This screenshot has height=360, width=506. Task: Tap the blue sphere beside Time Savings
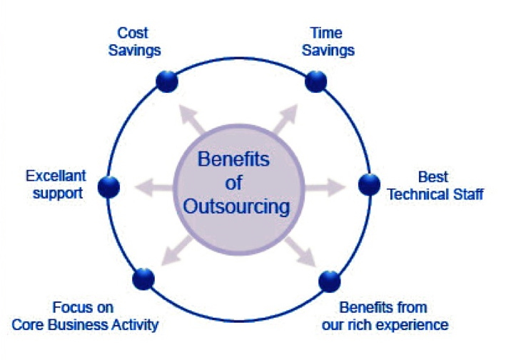tap(315, 80)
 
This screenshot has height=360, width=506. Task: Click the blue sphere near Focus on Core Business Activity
tap(143, 278)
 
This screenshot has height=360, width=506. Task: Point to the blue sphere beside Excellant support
tap(108, 187)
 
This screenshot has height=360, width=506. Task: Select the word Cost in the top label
tap(132, 33)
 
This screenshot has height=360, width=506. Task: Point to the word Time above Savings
tap(326, 33)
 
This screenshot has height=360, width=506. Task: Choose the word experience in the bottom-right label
tap(413, 325)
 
